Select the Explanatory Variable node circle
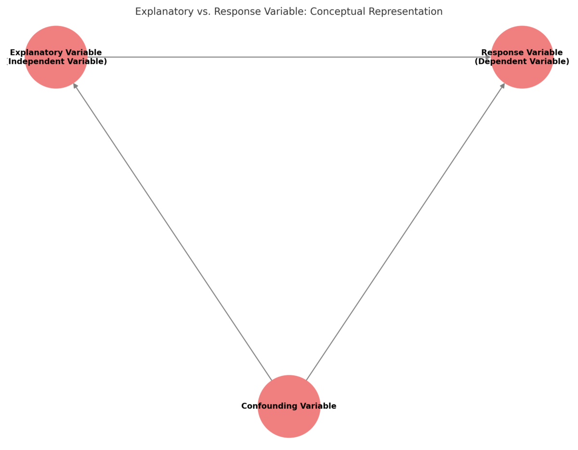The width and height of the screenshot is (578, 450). [x=56, y=75]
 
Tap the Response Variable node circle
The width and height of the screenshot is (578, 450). [x=522, y=75]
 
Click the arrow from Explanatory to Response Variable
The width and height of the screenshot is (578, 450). [x=289, y=57]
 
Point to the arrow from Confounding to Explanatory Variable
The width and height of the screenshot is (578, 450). [x=172, y=231]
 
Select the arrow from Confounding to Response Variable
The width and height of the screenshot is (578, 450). [x=406, y=231]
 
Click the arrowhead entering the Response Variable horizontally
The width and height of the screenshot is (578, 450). [x=487, y=57]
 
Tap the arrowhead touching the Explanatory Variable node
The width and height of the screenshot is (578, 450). [x=75, y=86]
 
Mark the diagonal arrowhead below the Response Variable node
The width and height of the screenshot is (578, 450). [x=503, y=86]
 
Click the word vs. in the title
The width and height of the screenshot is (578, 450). [x=203, y=12]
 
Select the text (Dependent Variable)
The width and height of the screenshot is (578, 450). [x=522, y=62]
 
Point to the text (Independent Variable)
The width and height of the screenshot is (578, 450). [x=57, y=62]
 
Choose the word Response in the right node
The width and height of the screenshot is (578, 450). [x=501, y=52]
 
